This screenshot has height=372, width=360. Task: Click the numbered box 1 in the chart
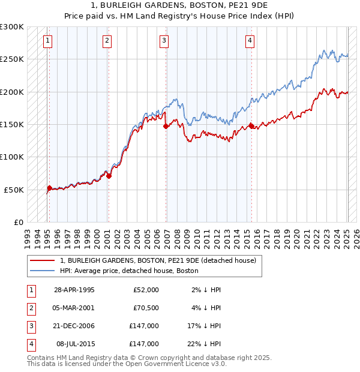click(47, 41)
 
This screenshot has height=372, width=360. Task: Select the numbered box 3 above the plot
click(164, 41)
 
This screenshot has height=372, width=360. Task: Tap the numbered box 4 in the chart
click(249, 41)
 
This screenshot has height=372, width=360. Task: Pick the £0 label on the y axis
click(18, 222)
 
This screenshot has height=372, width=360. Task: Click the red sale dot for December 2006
click(166, 127)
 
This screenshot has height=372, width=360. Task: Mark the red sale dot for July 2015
click(251, 127)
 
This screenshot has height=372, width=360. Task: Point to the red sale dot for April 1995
click(49, 188)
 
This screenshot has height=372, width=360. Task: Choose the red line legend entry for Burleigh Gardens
click(158, 260)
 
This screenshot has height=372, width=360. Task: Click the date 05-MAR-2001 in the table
click(74, 308)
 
